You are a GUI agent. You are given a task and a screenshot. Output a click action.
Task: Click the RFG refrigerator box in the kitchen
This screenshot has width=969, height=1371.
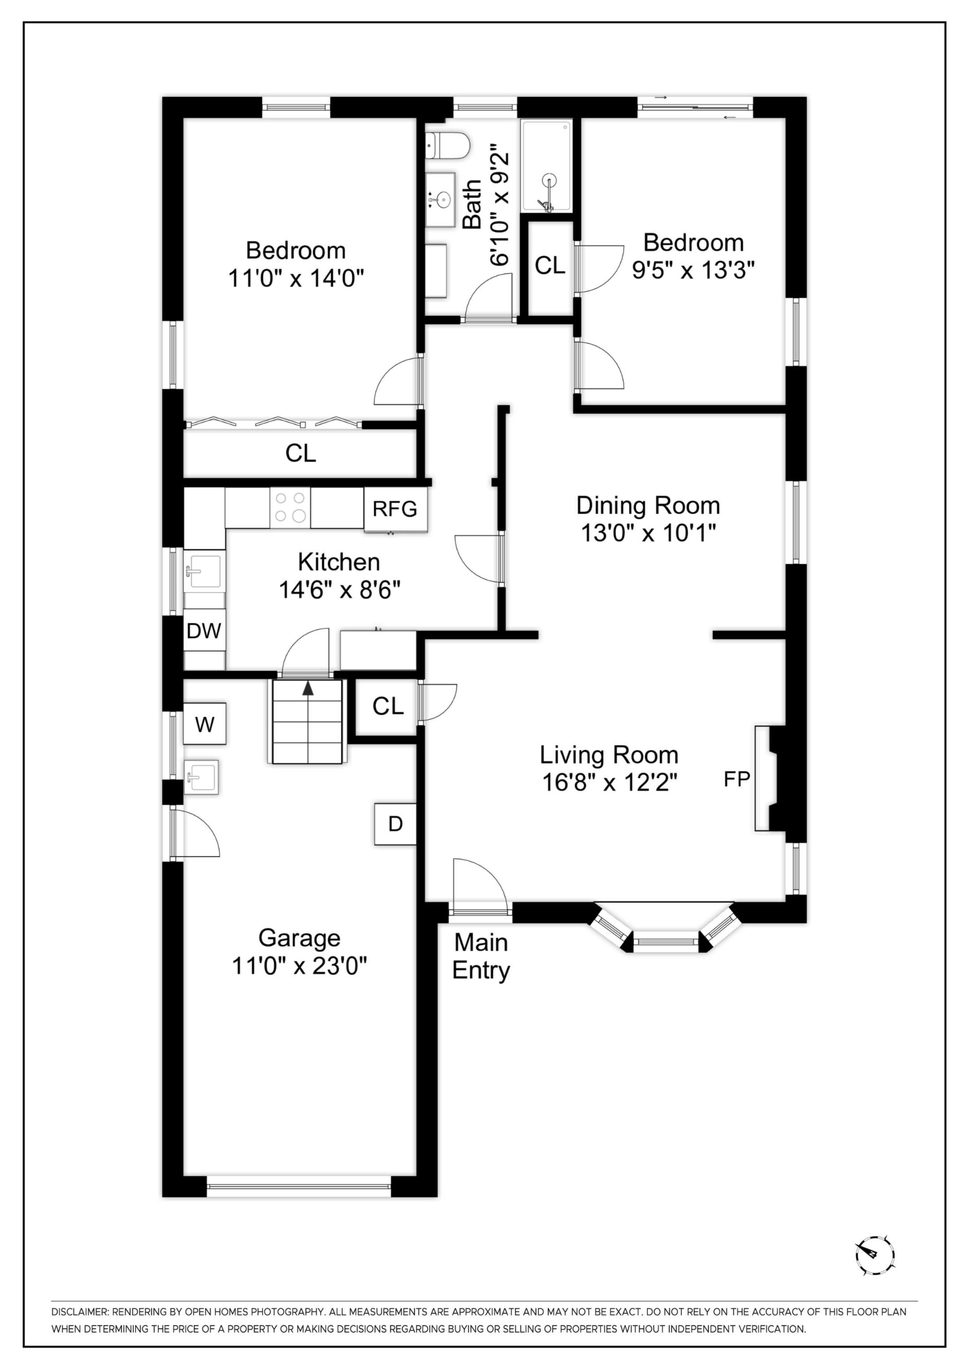(x=395, y=509)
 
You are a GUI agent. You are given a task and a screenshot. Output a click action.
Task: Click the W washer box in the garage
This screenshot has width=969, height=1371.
(x=204, y=724)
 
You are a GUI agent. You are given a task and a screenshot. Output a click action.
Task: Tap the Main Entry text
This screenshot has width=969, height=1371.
(x=481, y=956)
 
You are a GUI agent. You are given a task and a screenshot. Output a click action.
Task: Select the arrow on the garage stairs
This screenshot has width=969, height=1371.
(x=308, y=688)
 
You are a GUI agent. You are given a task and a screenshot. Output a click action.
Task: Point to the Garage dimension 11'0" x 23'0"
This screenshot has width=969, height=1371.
(x=299, y=965)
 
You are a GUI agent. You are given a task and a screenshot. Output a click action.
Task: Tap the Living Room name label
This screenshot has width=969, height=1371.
(x=609, y=755)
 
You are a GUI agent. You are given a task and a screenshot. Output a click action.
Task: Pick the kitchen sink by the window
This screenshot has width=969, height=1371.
(x=204, y=572)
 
